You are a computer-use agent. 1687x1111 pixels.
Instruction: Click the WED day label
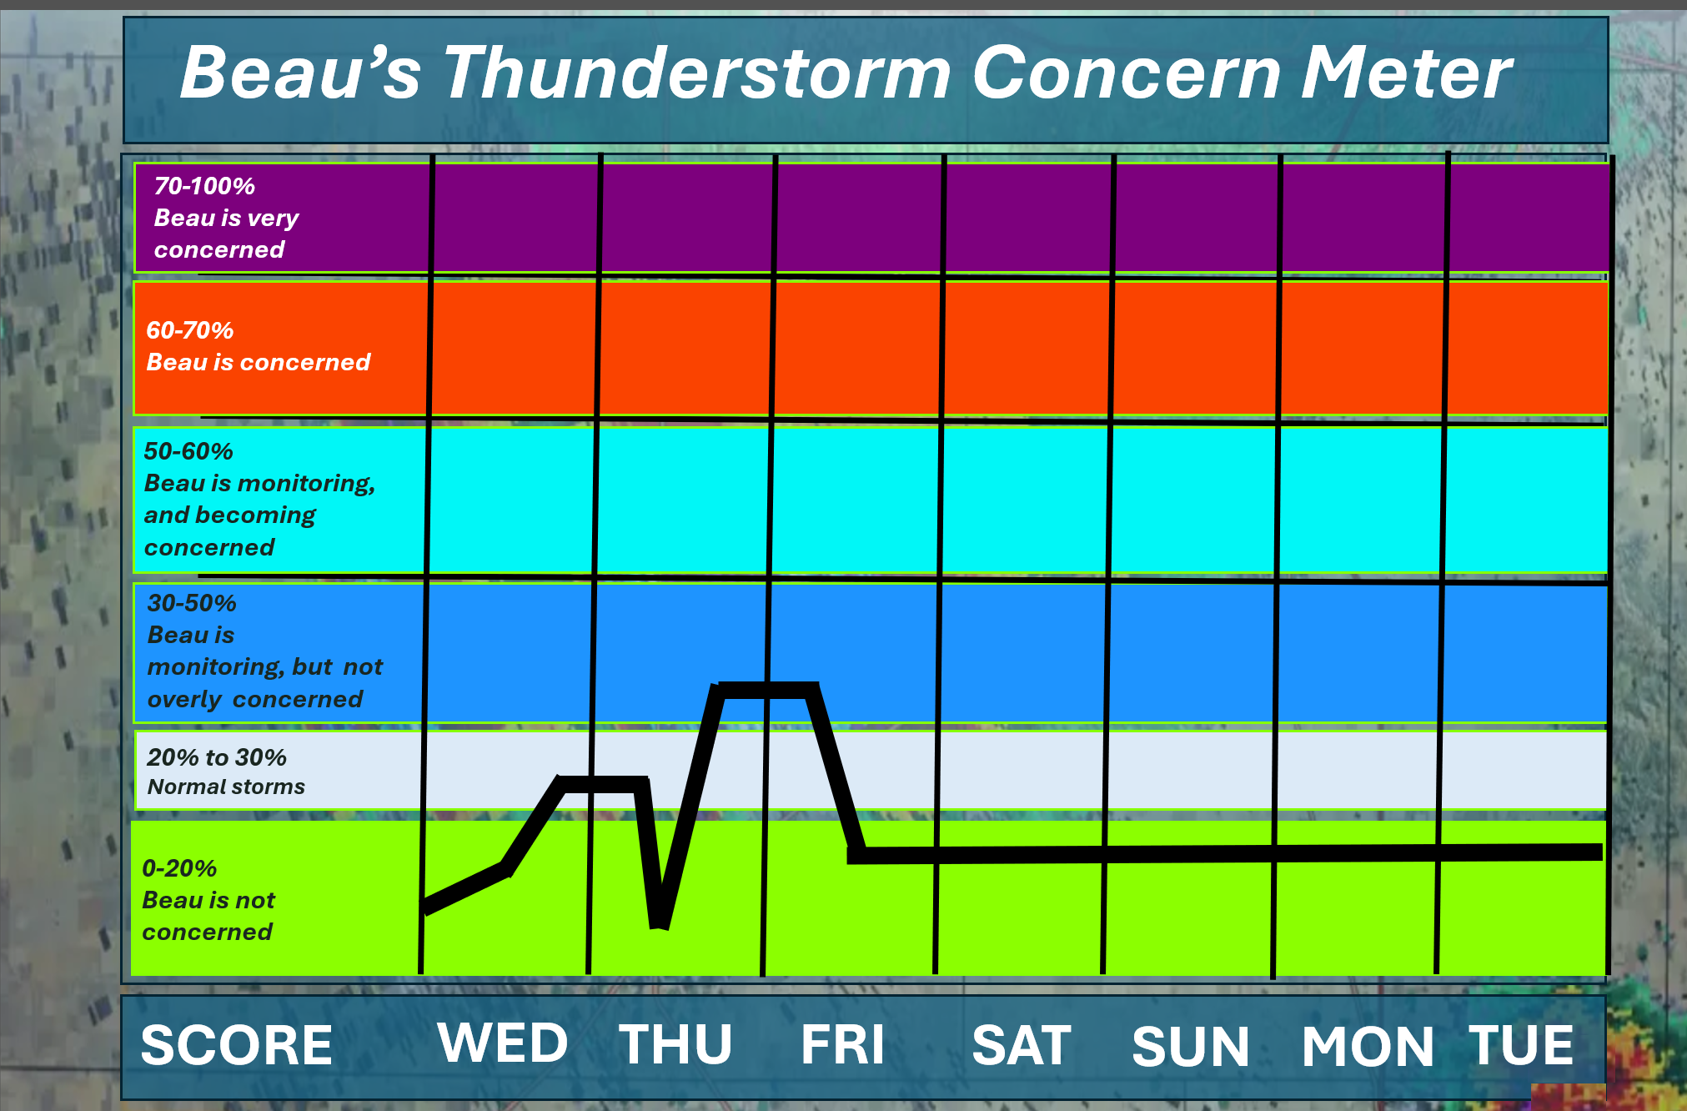(503, 1043)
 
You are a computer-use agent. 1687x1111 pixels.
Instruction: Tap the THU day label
(675, 1044)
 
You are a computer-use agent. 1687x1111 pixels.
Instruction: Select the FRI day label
(842, 1044)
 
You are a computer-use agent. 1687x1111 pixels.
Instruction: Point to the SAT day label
(1022, 1045)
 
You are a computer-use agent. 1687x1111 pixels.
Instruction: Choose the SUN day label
(1191, 1046)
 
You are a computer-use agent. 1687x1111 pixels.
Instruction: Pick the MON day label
(1368, 1046)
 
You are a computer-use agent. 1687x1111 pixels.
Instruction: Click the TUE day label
(1521, 1044)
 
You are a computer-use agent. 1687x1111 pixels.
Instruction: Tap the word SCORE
(237, 1045)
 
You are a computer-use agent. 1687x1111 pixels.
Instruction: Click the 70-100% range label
(204, 186)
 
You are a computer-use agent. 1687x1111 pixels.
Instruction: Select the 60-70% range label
(190, 330)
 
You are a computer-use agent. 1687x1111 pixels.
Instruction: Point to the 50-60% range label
(188, 451)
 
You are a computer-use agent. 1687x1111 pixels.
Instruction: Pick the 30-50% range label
(192, 603)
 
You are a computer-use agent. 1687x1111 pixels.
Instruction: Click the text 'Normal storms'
(226, 787)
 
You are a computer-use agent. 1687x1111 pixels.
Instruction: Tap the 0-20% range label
(179, 868)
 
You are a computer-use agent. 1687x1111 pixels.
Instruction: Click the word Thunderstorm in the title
(697, 73)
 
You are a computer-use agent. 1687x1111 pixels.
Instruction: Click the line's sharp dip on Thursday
(659, 924)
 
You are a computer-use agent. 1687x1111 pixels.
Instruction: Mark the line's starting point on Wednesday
(427, 908)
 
